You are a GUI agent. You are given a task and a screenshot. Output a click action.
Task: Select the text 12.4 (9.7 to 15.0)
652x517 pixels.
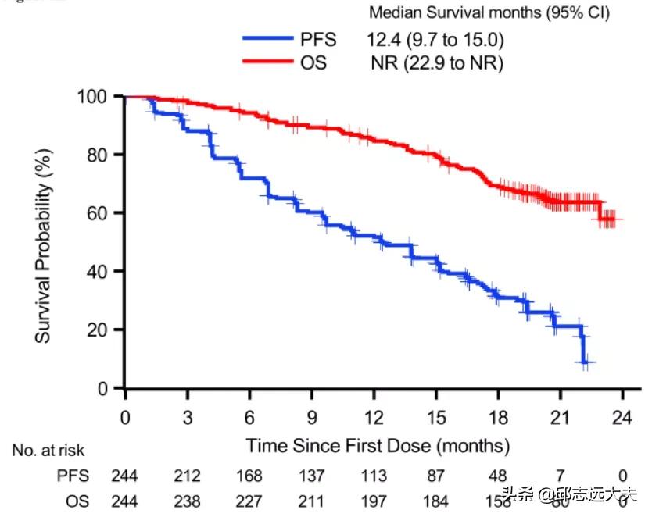point(436,38)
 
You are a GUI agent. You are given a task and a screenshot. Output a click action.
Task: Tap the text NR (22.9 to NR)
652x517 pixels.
point(437,62)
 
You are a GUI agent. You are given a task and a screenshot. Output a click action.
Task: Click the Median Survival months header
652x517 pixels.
point(489,12)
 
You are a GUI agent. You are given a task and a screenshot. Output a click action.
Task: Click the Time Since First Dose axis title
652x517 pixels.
point(378,446)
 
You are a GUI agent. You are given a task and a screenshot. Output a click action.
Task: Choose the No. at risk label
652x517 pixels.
point(48,451)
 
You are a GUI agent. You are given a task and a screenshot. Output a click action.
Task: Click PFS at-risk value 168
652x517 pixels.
point(249,476)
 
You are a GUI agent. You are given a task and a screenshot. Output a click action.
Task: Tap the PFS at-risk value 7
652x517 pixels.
point(561,476)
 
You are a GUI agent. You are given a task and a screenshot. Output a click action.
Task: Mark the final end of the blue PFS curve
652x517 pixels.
point(592,362)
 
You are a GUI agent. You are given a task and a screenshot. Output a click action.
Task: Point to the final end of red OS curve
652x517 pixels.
point(622,219)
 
